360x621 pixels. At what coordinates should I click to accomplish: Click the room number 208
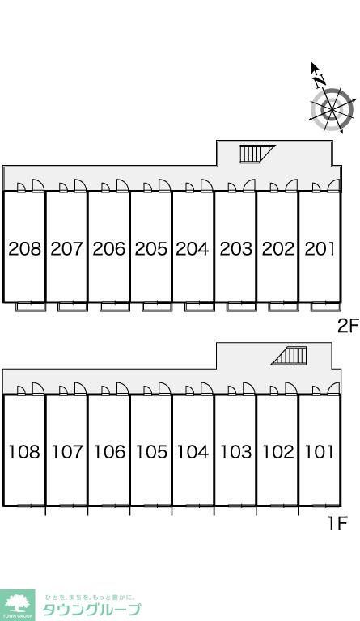[24, 249]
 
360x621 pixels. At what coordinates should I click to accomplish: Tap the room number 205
[151, 249]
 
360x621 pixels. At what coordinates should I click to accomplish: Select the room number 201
[320, 249]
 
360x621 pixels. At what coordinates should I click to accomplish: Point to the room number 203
[235, 249]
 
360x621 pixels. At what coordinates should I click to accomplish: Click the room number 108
[24, 451]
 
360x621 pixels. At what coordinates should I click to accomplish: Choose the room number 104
[193, 451]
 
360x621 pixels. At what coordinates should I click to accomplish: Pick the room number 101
[320, 451]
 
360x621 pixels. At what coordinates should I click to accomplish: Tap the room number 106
[109, 451]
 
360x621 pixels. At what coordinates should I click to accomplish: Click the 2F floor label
[348, 327]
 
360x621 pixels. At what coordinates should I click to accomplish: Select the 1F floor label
[337, 524]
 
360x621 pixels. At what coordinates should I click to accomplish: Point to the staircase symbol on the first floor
[289, 355]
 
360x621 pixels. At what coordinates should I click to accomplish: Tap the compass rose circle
[332, 109]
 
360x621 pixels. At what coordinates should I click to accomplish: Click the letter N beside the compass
[320, 81]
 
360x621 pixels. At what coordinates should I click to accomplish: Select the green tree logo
[18, 605]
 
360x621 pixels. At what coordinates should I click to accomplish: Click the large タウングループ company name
[91, 609]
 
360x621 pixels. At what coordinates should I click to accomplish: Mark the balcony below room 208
[31, 306]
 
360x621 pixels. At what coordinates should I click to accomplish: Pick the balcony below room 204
[200, 306]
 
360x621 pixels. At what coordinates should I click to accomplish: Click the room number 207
[66, 249]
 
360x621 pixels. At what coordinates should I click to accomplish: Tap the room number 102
[278, 451]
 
